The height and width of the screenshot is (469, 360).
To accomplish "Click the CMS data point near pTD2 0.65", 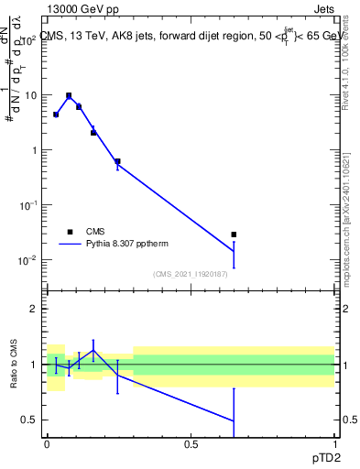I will [234, 234].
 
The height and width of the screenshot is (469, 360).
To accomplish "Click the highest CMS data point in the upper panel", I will [69, 95].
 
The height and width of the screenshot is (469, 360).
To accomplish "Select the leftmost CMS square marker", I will [56, 115].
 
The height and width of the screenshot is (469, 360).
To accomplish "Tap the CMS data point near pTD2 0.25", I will [117, 161].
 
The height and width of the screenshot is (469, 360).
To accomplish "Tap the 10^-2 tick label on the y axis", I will [27, 260].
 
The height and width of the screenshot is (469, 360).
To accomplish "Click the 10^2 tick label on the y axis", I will [27, 40].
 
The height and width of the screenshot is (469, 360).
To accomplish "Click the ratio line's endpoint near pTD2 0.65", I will [234, 421].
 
